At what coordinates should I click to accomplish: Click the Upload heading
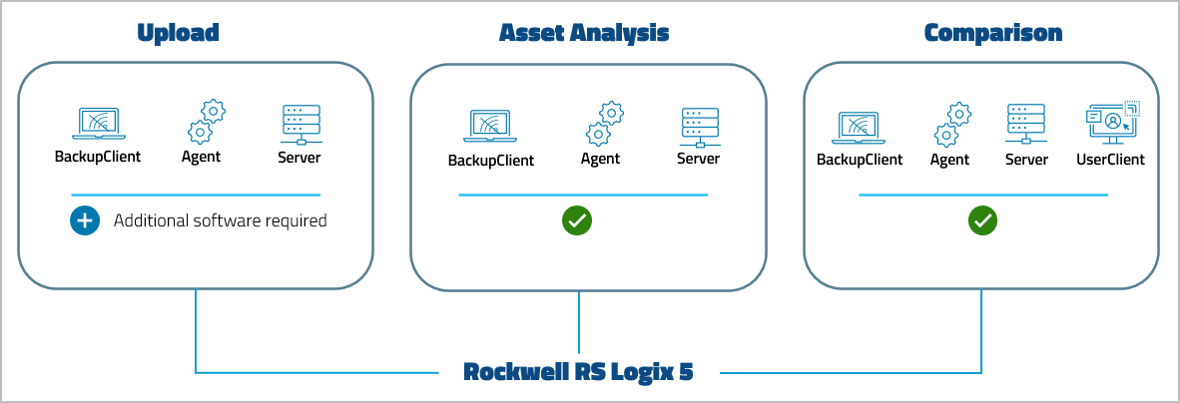coord(178,33)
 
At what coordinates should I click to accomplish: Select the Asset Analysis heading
coord(584,33)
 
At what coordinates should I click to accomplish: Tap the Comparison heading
coord(992,33)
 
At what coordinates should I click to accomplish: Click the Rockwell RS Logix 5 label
coord(579,372)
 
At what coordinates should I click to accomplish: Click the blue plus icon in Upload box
coord(85,220)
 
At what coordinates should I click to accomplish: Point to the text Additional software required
coord(220,220)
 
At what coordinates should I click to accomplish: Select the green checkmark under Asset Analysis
coord(576,220)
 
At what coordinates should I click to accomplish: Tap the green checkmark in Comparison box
coord(982,220)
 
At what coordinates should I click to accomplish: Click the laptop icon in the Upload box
coord(98,124)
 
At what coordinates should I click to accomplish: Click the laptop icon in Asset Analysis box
coord(490,127)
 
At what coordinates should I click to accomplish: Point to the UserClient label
coord(1110,160)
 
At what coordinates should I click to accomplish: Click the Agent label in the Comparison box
coord(949,160)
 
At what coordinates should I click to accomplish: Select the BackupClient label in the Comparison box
coord(860,160)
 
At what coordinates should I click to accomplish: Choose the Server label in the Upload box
coord(299,157)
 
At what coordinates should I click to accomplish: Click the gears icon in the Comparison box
coord(952,125)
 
